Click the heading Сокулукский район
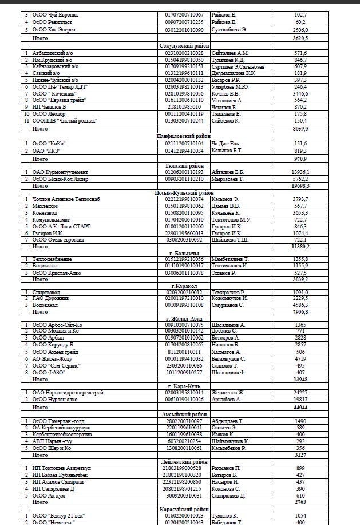tap(184, 45)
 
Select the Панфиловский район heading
tap(184, 136)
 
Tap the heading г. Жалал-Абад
tap(184, 318)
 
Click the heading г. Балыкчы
tap(184, 252)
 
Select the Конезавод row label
tap(46, 212)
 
